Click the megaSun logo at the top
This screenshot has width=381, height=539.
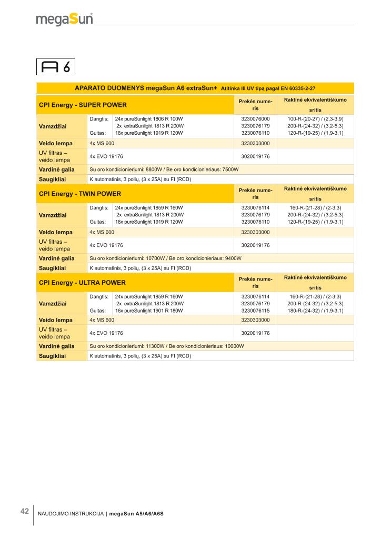[64, 19]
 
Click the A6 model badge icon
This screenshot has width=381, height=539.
[56, 67]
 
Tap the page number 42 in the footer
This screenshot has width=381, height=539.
[24, 511]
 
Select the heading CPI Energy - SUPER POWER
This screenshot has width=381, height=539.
[83, 105]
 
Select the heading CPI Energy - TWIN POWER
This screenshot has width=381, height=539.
[80, 194]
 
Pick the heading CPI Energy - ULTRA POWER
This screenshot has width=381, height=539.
[82, 283]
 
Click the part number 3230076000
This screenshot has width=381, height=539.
[255, 119]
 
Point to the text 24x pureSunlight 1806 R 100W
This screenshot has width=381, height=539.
[148, 119]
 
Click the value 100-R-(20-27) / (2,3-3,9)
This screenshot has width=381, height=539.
[315, 119]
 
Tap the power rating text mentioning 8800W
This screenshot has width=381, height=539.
[164, 170]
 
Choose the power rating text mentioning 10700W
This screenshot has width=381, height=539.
[166, 258]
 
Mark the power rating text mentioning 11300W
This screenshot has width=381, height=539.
[167, 346]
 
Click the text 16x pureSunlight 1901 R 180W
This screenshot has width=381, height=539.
[148, 311]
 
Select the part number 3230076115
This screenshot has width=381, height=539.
[255, 311]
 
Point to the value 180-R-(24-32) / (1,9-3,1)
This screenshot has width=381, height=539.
[315, 311]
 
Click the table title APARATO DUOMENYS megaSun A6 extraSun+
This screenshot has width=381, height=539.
[146, 88]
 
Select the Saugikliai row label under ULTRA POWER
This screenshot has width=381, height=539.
[52, 356]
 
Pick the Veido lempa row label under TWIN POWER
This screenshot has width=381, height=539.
[56, 232]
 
